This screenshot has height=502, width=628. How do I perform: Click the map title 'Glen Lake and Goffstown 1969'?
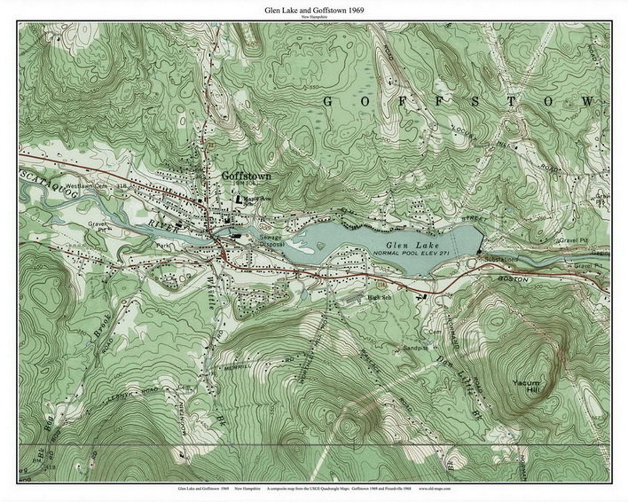click(314, 10)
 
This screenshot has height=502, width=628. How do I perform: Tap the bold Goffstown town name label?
click(246, 175)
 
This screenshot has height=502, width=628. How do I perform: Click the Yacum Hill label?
click(526, 385)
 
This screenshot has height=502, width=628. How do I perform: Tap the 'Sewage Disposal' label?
click(272, 241)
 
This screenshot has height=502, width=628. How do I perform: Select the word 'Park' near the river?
click(162, 245)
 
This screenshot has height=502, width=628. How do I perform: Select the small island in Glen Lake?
click(317, 247)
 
